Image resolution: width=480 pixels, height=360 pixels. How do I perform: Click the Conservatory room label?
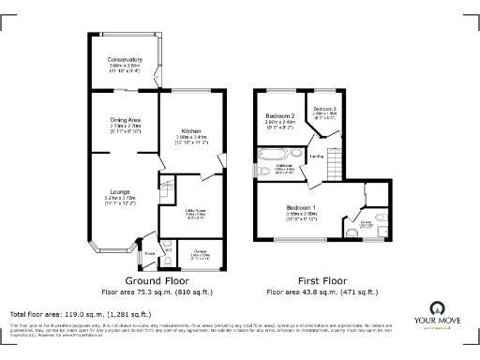125,57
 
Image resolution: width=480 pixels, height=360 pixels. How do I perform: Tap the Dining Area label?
125,120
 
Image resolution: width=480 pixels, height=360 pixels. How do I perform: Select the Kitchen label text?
190,131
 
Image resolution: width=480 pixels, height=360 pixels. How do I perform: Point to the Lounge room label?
119,193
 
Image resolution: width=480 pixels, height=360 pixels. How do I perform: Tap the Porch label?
149,252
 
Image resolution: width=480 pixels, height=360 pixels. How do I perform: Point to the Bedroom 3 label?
323,109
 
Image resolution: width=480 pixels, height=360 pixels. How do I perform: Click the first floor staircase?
332,171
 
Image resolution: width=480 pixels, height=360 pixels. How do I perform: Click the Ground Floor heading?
156,280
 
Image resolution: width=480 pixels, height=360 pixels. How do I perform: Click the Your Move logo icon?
438,307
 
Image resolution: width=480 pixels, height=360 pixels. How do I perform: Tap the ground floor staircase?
168,189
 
